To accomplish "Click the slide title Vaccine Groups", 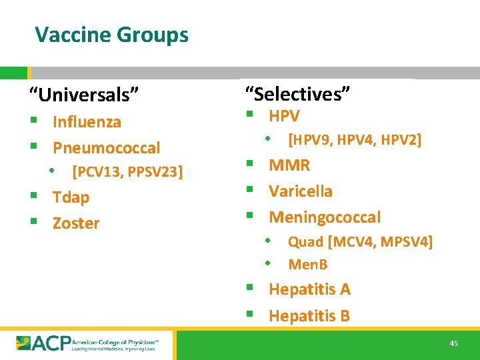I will (x=111, y=34).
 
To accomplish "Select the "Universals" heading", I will (x=84, y=95).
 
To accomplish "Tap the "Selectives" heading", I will (x=297, y=94).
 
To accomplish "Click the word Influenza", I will (x=87, y=122).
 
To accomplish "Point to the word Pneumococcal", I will (x=107, y=147).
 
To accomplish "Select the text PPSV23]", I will (x=155, y=172).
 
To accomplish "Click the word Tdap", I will (x=71, y=197).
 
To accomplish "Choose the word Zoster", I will (x=76, y=223).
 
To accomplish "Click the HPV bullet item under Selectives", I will (x=284, y=115).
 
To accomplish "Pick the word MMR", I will (x=289, y=165).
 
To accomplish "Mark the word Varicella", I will (x=300, y=191).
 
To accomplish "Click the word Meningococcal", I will (x=325, y=217).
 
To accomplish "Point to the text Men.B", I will (x=307, y=265).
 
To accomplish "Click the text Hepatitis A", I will (x=309, y=289).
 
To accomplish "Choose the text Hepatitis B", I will (x=309, y=315).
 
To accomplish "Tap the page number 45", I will (x=453, y=343).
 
